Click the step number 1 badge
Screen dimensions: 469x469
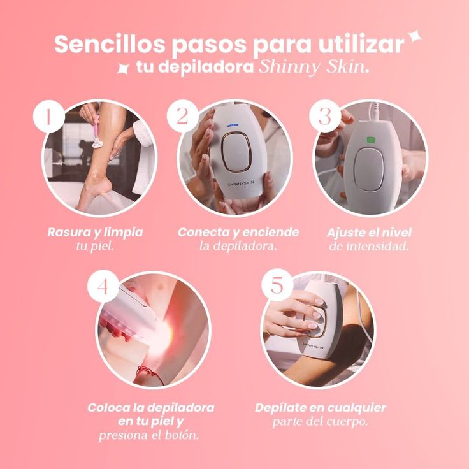(49, 117)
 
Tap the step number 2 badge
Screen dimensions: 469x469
(182, 116)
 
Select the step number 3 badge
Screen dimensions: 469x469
(325, 116)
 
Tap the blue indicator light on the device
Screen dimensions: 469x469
(233, 125)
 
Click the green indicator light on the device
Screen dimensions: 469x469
(371, 140)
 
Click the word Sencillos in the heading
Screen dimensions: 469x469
(110, 44)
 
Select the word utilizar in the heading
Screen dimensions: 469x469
(361, 44)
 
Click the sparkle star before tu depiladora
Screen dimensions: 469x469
(123, 68)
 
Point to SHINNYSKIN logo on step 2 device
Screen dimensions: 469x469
(240, 184)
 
